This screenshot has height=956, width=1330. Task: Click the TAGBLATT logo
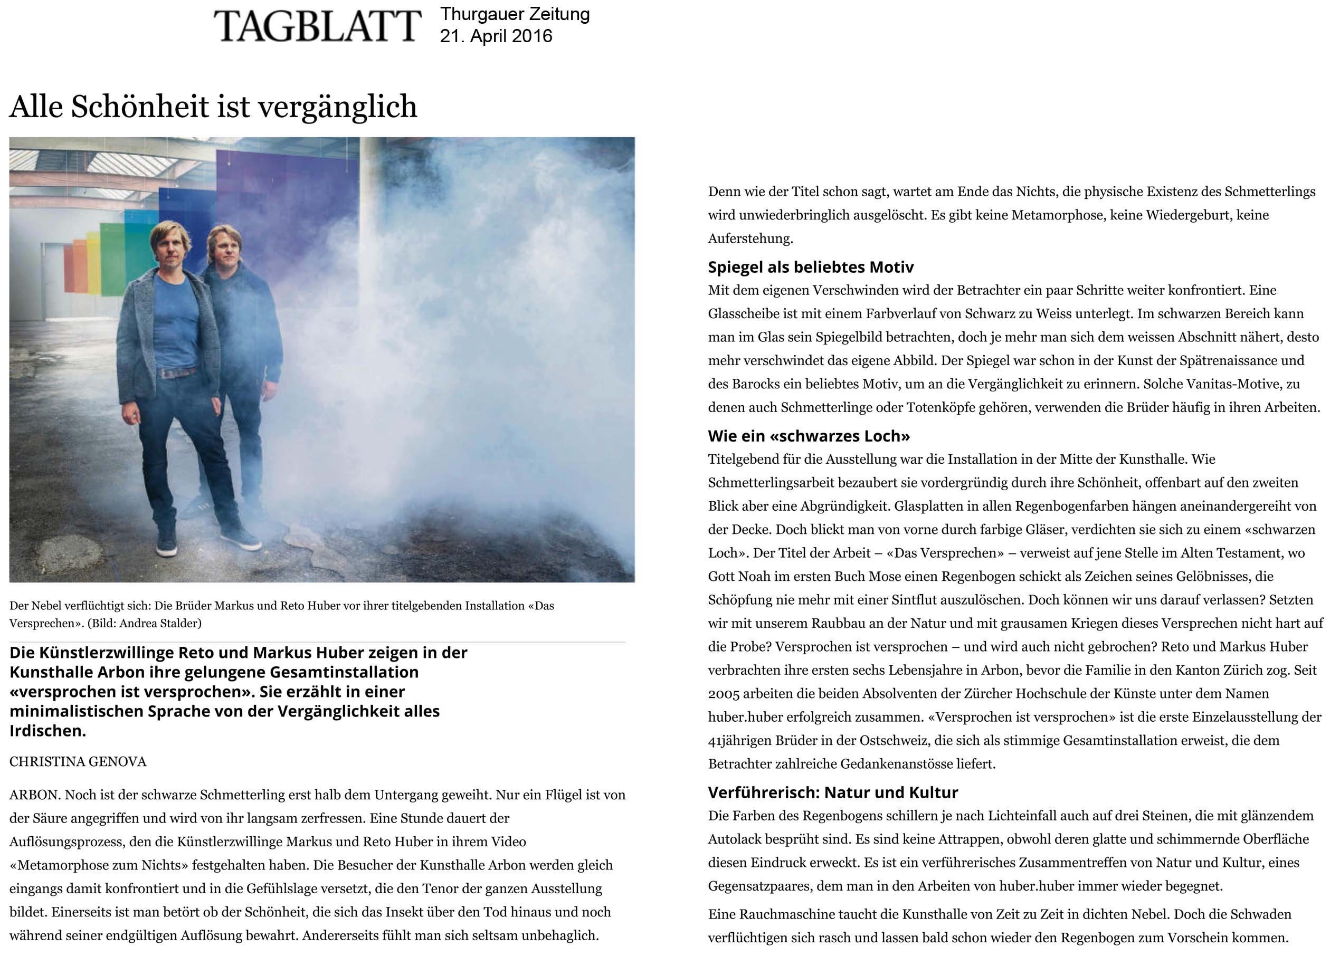coord(317,26)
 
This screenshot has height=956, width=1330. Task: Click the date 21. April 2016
coord(496,36)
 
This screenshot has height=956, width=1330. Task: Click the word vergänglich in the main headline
coord(337,107)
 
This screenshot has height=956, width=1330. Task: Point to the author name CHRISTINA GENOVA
coord(78,761)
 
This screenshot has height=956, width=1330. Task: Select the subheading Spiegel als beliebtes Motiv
coord(811,267)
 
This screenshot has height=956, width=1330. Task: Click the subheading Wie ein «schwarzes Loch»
coord(808,436)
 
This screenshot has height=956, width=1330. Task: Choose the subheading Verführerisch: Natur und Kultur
coord(832,792)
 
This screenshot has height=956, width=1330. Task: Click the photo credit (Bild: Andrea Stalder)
coord(144,623)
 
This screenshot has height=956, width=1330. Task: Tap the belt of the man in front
coord(176,372)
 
